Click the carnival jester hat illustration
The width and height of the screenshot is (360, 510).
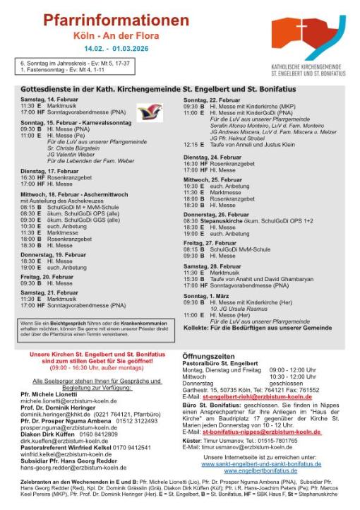point(148,112)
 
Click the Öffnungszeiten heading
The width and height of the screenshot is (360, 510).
point(210,356)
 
